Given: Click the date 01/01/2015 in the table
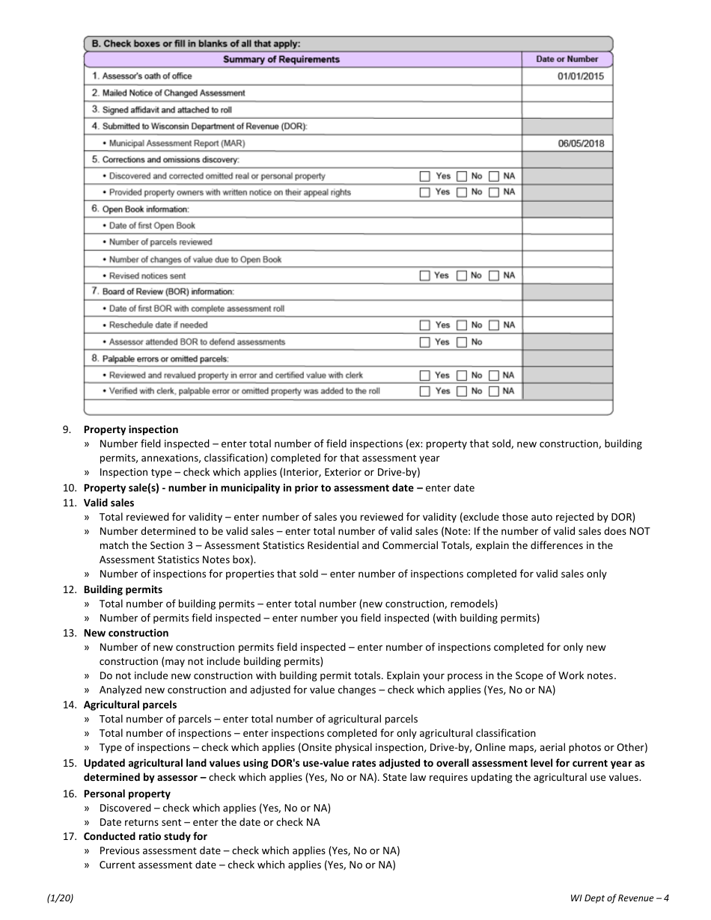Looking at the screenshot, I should [580, 76].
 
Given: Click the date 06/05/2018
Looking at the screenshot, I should [580, 143].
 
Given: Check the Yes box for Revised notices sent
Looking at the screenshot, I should [424, 276].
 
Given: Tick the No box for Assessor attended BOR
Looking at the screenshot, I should [462, 343].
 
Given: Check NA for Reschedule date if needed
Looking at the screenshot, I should [494, 325].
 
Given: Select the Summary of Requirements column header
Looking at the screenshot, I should [281, 59].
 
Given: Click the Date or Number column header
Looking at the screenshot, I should [567, 59].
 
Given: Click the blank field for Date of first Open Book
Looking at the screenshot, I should [567, 226].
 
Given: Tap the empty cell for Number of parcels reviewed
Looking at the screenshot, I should [567, 242].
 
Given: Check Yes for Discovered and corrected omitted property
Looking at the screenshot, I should [425, 177].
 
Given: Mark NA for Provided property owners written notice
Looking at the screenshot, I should [494, 193].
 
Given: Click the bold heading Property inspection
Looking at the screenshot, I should [131, 429].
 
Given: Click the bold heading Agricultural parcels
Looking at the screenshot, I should [130, 705].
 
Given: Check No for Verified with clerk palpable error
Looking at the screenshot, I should [462, 392].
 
